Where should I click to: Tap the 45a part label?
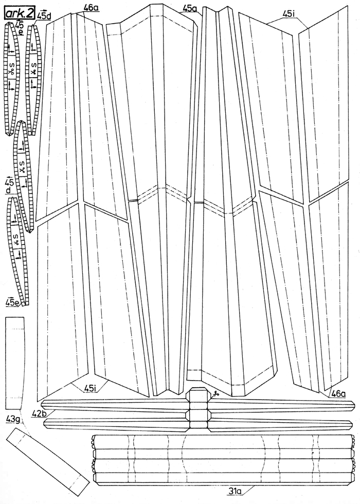click(190, 8)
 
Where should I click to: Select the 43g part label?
click(13, 418)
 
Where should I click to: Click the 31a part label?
click(236, 492)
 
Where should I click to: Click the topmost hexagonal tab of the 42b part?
click(200, 394)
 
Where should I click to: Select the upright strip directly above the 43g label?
click(15, 363)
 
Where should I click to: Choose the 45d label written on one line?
click(44, 15)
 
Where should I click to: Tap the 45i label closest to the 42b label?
click(91, 388)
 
